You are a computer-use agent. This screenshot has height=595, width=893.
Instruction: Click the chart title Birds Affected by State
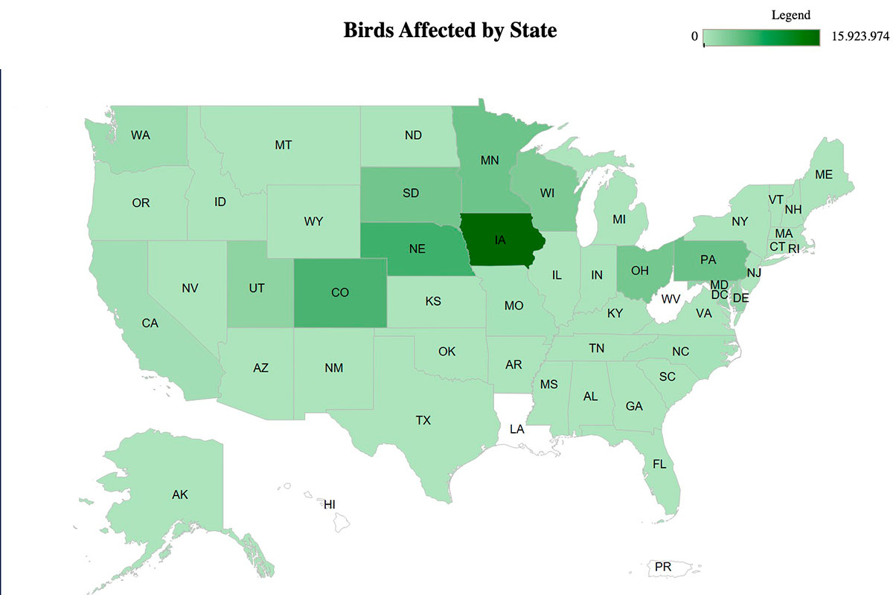(x=449, y=31)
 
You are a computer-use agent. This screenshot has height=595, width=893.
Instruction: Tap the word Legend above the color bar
(x=790, y=15)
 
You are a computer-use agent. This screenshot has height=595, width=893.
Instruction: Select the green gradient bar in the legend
(x=761, y=37)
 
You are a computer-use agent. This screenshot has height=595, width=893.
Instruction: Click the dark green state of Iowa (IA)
(x=500, y=241)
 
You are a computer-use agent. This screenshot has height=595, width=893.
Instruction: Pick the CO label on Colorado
(x=339, y=292)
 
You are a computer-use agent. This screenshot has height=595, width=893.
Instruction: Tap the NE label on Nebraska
(x=417, y=249)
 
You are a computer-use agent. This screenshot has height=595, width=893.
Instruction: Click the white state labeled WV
(x=670, y=299)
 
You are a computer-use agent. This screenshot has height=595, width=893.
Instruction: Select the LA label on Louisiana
(x=516, y=429)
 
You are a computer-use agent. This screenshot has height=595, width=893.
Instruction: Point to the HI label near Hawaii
(x=329, y=504)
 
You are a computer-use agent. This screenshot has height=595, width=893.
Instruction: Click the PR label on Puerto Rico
(x=662, y=567)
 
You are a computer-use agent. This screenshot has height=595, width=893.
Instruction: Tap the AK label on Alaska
(x=179, y=495)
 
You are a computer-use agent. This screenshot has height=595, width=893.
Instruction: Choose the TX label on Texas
(x=423, y=421)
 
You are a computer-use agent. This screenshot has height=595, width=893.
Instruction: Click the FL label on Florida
(x=659, y=463)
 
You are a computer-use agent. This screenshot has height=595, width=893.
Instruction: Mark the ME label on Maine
(x=823, y=175)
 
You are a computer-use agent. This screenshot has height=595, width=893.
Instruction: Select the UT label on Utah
(x=257, y=288)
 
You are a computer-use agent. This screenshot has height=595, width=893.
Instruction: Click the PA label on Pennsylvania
(x=708, y=260)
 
